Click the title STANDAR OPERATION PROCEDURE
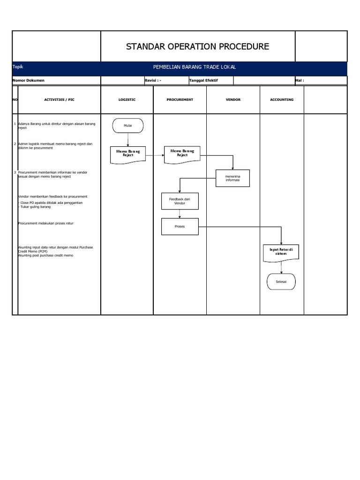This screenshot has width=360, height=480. coord(197,46)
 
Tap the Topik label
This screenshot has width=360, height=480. coord(18,67)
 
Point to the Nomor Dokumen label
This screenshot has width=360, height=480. coord(29,80)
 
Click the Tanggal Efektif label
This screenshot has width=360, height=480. coord(203,80)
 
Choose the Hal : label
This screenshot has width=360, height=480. coord(300,80)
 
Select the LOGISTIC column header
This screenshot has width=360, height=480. coord(127,99)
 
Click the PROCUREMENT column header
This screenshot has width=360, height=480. coord(180,99)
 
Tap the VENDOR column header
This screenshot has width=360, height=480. coord(233,99)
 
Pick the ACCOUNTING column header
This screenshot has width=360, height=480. coord(282,99)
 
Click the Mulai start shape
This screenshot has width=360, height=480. coord(127,126)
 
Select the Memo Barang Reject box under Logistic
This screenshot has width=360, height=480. coord(128,154)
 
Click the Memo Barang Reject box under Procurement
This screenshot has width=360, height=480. coord(182,153)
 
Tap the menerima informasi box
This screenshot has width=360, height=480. coord(232,178)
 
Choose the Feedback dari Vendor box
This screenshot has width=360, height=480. coord(180,201)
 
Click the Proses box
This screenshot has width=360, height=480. coord(180,226)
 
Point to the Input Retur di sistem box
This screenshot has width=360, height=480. coord(281,251)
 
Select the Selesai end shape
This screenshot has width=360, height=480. coord(281,281)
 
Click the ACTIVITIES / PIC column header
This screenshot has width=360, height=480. coord(59,99)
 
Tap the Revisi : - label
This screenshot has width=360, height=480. coord(153,80)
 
